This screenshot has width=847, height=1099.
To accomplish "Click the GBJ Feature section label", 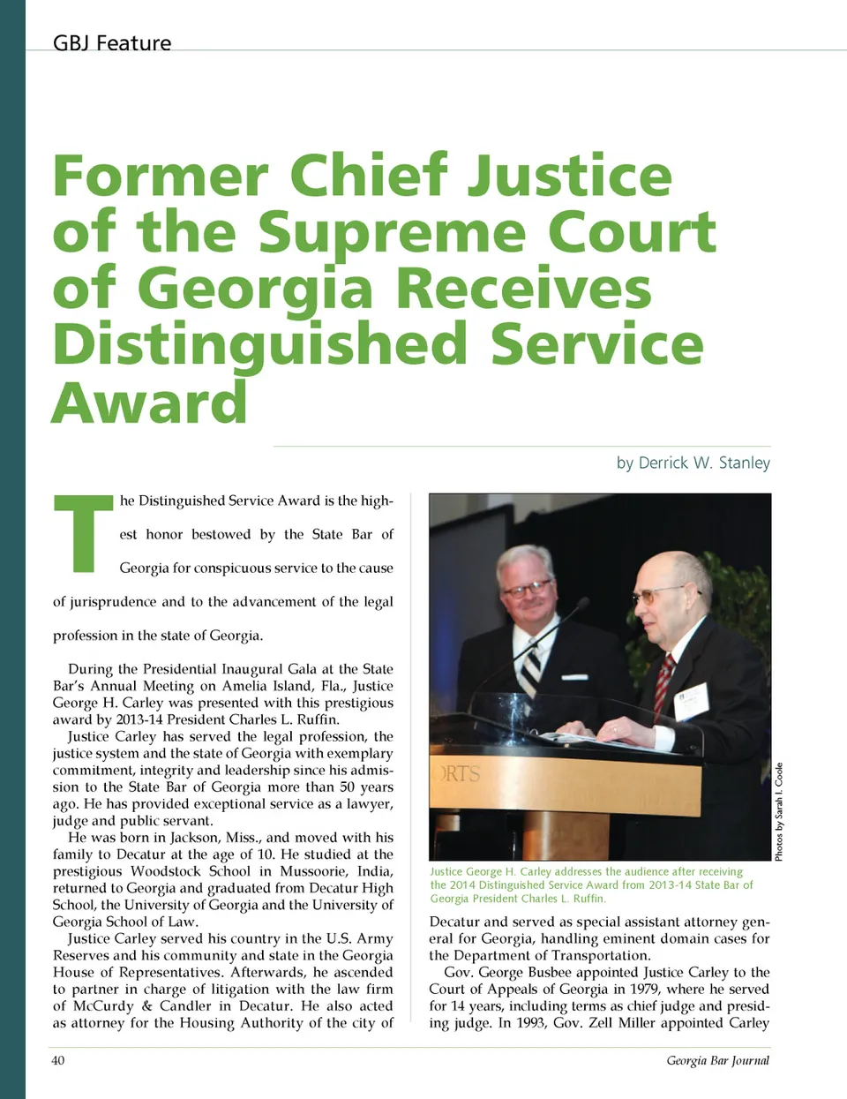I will click(112, 43).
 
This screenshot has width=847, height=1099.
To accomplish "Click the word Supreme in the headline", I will click(393, 233).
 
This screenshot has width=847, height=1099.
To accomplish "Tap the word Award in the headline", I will click(150, 403).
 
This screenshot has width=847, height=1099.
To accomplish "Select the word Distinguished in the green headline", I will click(259, 345).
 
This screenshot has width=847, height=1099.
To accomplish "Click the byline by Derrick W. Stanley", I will click(693, 463).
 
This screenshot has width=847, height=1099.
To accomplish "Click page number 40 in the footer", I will click(58, 1060).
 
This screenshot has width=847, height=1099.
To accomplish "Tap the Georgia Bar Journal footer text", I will click(717, 1060).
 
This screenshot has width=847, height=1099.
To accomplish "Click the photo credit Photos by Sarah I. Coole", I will click(779, 811).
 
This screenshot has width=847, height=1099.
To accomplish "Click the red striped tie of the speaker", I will click(663, 681).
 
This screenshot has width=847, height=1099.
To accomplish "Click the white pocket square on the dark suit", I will click(574, 678).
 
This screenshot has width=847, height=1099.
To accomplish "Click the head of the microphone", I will click(582, 603).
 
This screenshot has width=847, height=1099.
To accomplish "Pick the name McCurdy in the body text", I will click(101, 1006).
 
